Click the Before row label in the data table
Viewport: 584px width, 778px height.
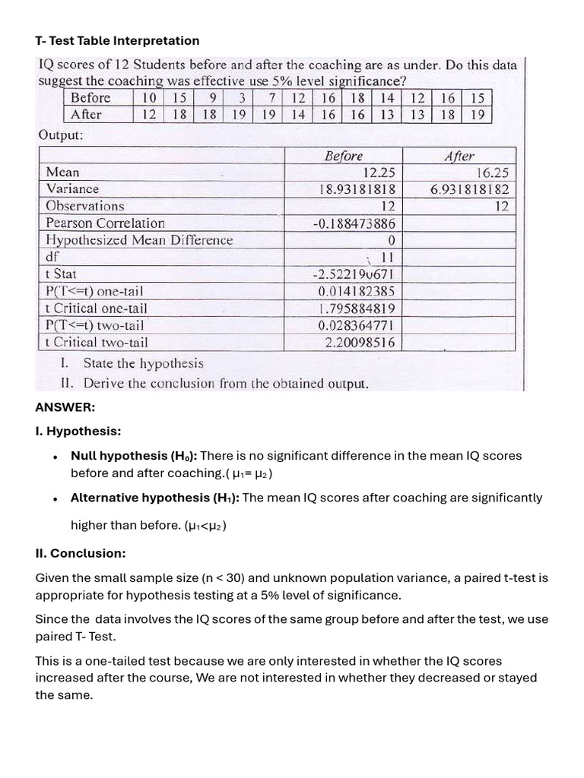(x=90, y=98)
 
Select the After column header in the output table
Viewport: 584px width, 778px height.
(x=459, y=156)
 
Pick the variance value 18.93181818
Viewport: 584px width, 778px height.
(x=357, y=189)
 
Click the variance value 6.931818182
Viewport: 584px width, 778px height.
(x=469, y=189)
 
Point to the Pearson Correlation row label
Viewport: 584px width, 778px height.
(x=105, y=223)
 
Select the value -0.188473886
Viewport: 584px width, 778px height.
(x=354, y=223)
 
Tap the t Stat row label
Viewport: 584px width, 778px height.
(x=61, y=274)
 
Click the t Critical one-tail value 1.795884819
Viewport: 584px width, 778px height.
(x=356, y=308)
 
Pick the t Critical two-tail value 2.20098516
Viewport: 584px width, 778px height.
(x=360, y=343)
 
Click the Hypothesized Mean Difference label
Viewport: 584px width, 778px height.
(x=139, y=240)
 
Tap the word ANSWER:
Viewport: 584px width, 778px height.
(x=65, y=407)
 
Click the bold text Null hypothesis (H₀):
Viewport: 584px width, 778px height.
(x=133, y=456)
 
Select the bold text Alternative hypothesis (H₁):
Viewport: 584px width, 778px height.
(x=154, y=498)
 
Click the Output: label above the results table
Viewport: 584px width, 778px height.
(x=61, y=135)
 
